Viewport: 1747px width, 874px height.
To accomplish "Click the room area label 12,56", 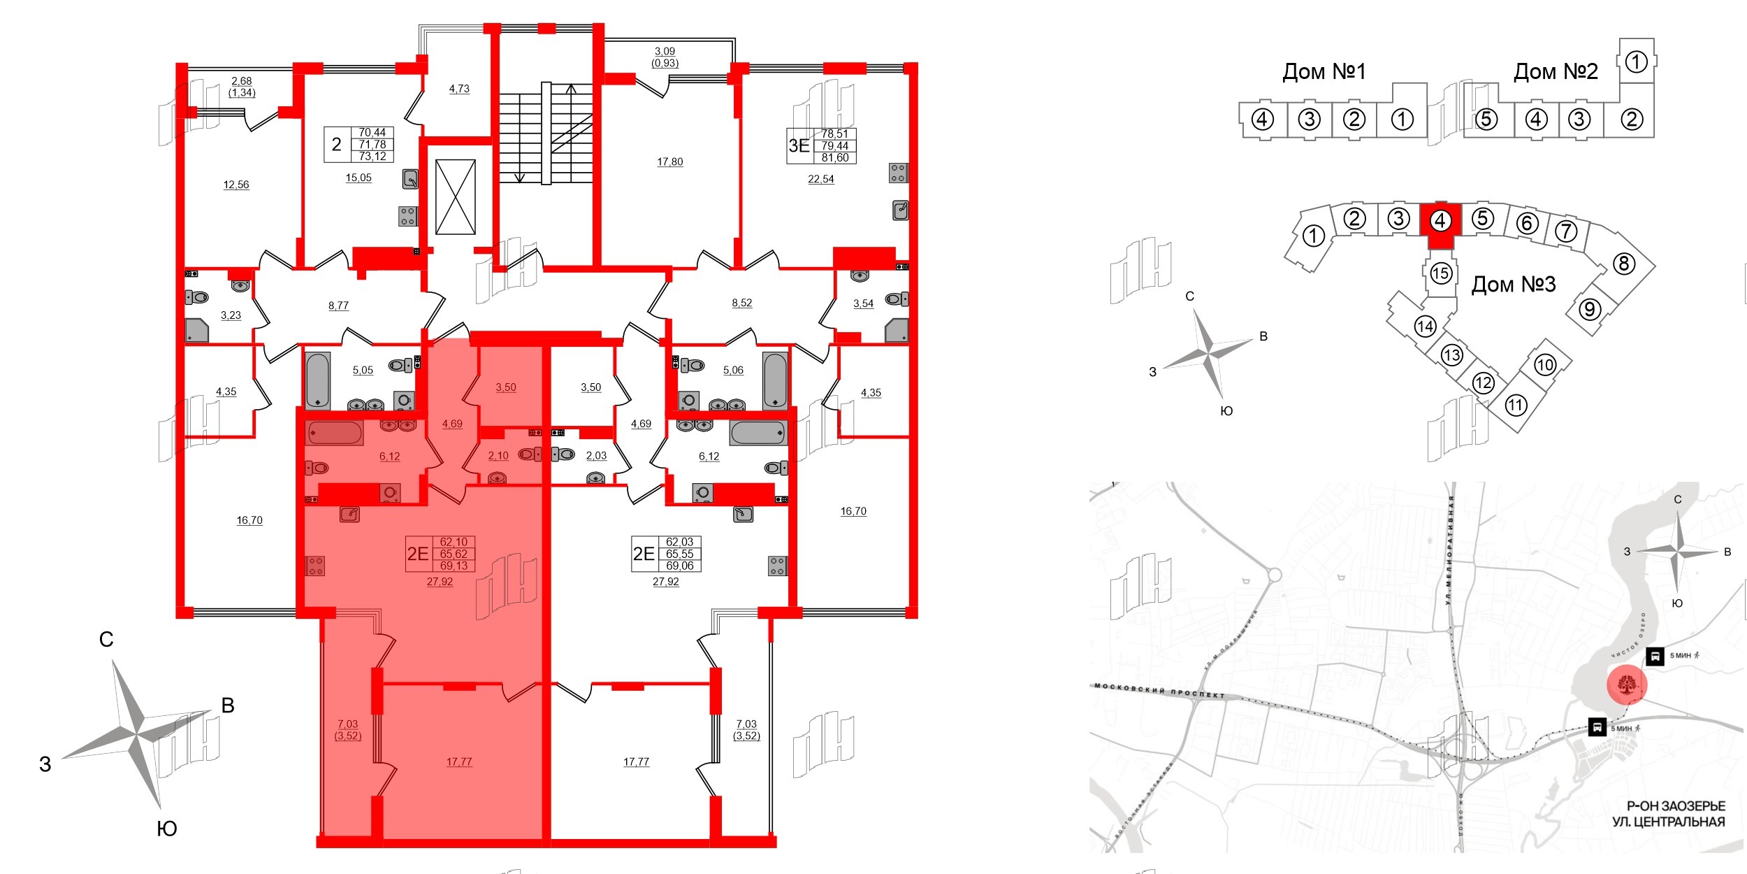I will tap(235, 185).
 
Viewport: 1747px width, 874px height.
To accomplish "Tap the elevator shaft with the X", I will tap(455, 197).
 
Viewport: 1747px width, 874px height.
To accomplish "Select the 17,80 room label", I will tap(669, 162).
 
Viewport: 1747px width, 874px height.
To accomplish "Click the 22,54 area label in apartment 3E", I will tap(820, 179).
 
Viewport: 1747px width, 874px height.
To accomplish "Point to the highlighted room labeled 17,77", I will tap(459, 761).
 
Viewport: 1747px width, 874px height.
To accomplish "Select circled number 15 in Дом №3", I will tap(1440, 273).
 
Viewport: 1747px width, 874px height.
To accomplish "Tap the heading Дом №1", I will tap(1324, 71).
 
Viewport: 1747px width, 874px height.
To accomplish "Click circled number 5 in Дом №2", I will tap(1486, 119).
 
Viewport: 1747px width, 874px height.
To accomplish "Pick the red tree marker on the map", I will tap(1627, 685).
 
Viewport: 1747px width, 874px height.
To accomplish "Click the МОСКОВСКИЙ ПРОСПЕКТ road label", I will tap(1159, 690).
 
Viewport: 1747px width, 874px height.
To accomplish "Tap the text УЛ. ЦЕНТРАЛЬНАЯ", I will tap(1668, 822).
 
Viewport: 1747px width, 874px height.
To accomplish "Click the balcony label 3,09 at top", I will tap(665, 51).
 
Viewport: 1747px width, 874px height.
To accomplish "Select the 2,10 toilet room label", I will tap(498, 455).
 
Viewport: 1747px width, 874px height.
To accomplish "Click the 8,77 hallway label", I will tap(338, 306).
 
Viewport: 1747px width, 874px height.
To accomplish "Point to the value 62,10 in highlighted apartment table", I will tap(454, 542).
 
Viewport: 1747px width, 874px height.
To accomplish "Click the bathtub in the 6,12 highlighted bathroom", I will tap(334, 433).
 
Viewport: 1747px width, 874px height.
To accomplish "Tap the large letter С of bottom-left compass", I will tap(106, 639).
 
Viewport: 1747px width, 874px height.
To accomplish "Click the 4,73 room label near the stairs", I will tap(459, 89).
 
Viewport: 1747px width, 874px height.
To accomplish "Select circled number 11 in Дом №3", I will tap(1515, 405).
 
